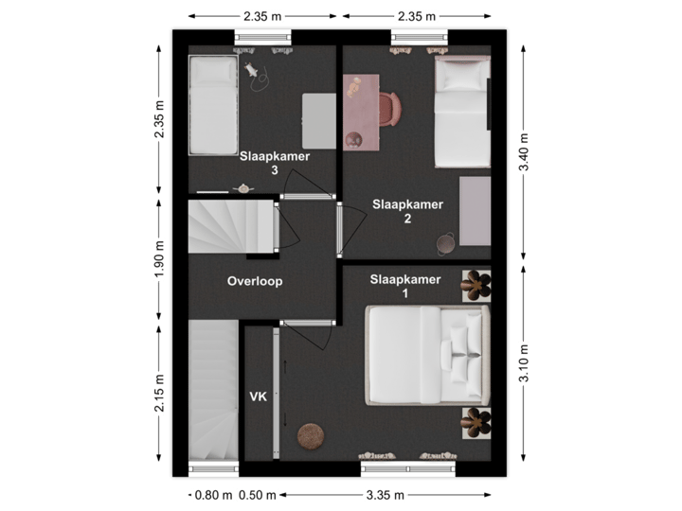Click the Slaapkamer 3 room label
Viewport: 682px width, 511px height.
click(274, 164)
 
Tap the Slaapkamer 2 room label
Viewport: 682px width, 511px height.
click(407, 211)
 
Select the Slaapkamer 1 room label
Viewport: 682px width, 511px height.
click(405, 286)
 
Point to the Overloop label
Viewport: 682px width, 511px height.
click(255, 281)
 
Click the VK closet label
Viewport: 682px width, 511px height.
click(259, 396)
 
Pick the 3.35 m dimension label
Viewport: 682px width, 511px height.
click(386, 495)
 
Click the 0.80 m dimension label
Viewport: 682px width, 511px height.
click(211, 495)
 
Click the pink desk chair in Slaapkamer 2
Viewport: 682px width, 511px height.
click(392, 108)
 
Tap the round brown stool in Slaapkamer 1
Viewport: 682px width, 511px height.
click(310, 436)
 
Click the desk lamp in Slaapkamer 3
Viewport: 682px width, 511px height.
click(253, 69)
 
